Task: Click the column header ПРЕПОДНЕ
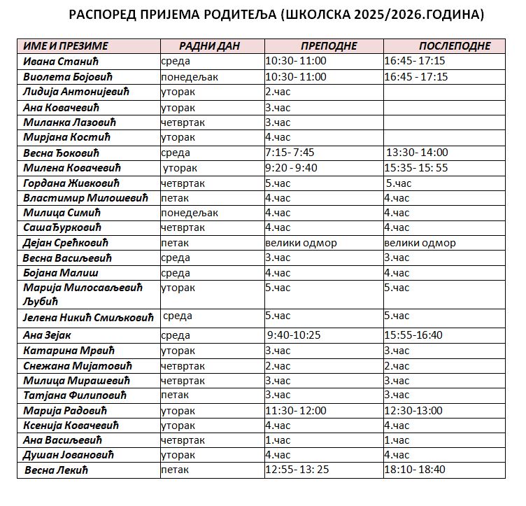pyautogui.click(x=324, y=46)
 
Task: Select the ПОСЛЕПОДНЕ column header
pyautogui.click(x=445, y=46)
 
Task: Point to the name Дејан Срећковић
pyautogui.click(x=66, y=244)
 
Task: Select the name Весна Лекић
pyautogui.click(x=57, y=470)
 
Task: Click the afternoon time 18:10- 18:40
pyautogui.click(x=415, y=470)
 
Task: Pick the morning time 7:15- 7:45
pyautogui.click(x=289, y=153)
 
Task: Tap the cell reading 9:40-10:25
pyautogui.click(x=294, y=335)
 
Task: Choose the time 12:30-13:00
pyautogui.click(x=413, y=411)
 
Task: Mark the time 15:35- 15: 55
pyautogui.click(x=416, y=168)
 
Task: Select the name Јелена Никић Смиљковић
pyautogui.click(x=88, y=317)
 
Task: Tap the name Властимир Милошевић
pyautogui.click(x=85, y=198)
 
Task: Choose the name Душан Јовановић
pyautogui.click(x=68, y=456)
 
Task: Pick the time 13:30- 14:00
pyautogui.click(x=418, y=153)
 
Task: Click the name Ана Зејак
pyautogui.click(x=48, y=335)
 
